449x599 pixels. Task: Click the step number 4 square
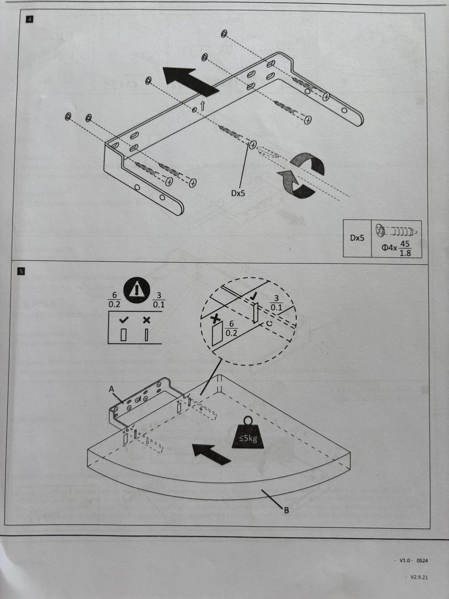click(29, 19)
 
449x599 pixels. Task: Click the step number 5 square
click(21, 271)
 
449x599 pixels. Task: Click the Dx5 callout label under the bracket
click(238, 193)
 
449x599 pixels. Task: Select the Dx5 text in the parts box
click(357, 238)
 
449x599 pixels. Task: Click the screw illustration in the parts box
click(396, 231)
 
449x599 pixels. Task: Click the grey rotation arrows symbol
click(301, 175)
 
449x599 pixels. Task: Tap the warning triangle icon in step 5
click(137, 290)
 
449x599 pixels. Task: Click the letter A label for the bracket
click(111, 389)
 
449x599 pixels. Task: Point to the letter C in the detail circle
click(269, 323)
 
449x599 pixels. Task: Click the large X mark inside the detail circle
click(216, 319)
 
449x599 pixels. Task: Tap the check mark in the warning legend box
click(124, 320)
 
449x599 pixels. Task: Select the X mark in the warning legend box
click(147, 320)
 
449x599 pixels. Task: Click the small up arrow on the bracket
click(202, 106)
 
